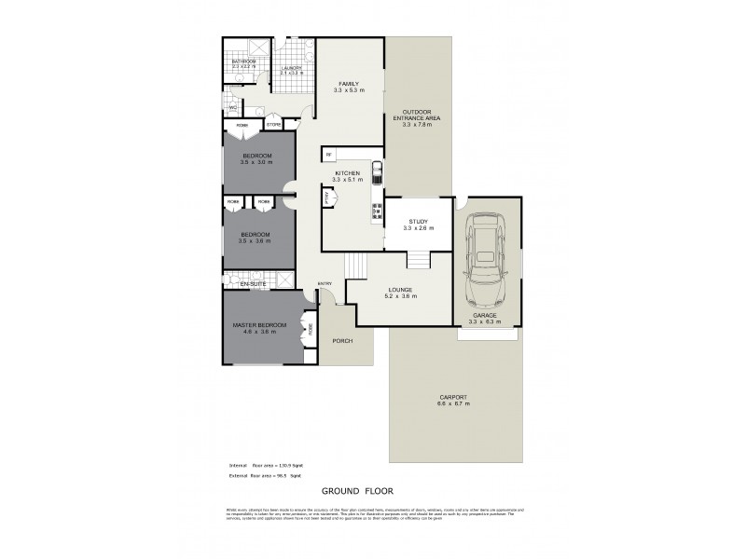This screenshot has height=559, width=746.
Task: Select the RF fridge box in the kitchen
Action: coord(329,155)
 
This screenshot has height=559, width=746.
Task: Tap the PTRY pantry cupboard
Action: coord(327,197)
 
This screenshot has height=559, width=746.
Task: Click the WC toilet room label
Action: coord(232,108)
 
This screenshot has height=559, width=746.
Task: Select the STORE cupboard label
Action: coord(274,124)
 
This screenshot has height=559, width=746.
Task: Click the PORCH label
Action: coord(342,341)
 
